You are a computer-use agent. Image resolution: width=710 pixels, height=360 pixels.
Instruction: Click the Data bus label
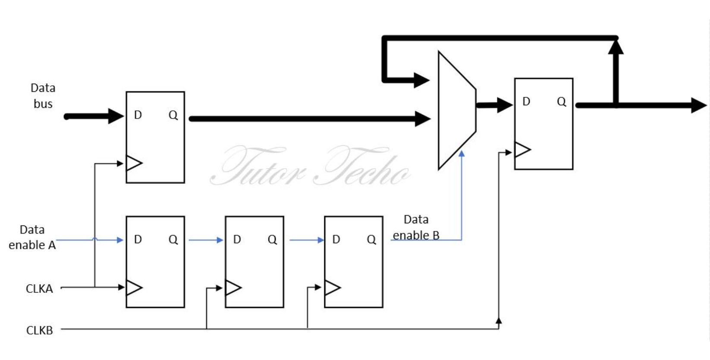click(x=43, y=96)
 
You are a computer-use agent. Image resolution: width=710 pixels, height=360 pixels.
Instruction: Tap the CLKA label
click(x=39, y=288)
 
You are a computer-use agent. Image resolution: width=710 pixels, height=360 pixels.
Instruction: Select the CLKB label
click(x=39, y=330)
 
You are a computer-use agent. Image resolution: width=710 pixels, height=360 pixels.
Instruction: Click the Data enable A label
click(x=32, y=237)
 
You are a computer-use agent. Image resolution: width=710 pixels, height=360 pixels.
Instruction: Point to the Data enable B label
click(x=416, y=227)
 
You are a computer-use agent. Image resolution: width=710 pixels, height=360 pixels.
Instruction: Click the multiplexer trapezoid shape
click(x=456, y=110)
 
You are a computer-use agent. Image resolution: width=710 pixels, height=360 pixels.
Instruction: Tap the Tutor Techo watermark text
click(x=310, y=166)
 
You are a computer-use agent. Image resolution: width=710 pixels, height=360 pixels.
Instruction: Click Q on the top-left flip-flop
click(x=173, y=115)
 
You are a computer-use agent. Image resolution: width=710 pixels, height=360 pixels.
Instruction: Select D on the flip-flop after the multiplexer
click(x=526, y=102)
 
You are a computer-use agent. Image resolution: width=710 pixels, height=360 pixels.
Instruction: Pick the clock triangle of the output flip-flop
click(x=522, y=150)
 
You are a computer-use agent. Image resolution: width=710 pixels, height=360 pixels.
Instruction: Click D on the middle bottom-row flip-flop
click(x=237, y=240)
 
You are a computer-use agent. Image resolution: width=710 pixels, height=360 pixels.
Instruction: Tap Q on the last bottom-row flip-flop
click(x=371, y=240)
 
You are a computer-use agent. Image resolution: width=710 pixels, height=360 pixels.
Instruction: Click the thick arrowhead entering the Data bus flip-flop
click(x=116, y=116)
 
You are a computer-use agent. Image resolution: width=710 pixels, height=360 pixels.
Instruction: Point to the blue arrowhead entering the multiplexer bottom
click(x=462, y=153)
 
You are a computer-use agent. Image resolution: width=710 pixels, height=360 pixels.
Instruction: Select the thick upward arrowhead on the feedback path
click(x=616, y=47)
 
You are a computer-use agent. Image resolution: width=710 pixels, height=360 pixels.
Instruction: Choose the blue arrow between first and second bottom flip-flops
click(x=206, y=240)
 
